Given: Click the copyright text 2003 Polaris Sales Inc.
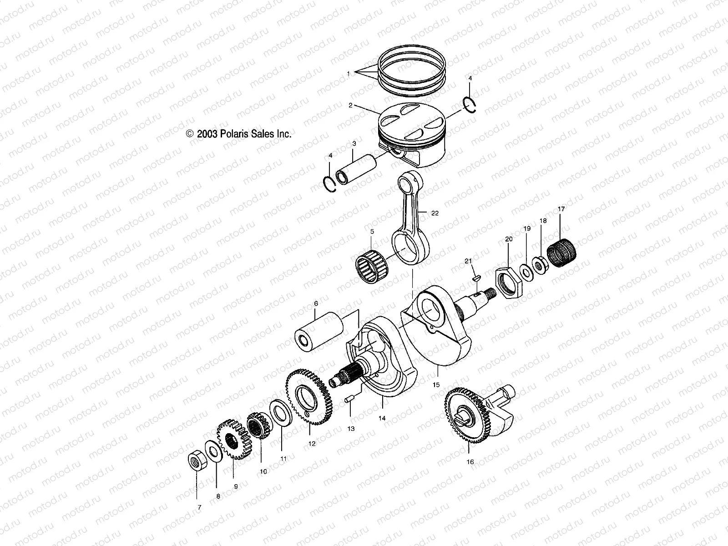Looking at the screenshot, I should pos(238,134).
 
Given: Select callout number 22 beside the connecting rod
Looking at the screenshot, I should pos(435,213).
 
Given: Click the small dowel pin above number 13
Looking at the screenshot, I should pos(349,400).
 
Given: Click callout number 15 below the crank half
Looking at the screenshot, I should pos(436,385).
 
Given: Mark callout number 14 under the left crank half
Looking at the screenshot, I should pos(382,418).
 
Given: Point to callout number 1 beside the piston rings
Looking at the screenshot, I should pos(349,73).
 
